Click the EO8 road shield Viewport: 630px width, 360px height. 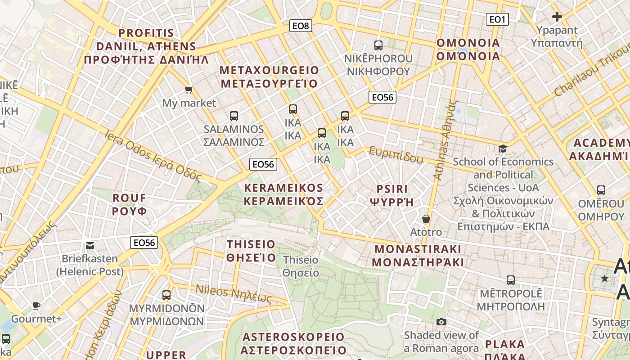(x=301, y=26)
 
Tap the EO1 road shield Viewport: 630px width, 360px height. (x=497, y=19)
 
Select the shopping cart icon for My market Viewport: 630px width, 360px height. (x=189, y=90)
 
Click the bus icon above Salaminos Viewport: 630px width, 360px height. (x=234, y=116)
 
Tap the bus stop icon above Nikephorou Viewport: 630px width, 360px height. (x=378, y=45)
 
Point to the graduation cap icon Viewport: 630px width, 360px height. (x=503, y=148)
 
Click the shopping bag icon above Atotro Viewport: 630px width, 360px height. (x=426, y=219)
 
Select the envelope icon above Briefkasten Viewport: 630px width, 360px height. (x=90, y=246)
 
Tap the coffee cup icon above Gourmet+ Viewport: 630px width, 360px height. (x=36, y=306)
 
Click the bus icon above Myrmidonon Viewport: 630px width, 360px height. (x=166, y=295)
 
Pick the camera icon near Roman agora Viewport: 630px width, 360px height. (x=441, y=322)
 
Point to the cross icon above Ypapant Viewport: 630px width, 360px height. (x=557, y=17)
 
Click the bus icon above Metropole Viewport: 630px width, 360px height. (x=511, y=280)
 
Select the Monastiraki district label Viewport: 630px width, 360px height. (x=418, y=256)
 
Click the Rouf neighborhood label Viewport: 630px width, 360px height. (x=130, y=204)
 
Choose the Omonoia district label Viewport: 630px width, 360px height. (x=468, y=49)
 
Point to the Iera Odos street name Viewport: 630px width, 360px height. (x=153, y=156)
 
